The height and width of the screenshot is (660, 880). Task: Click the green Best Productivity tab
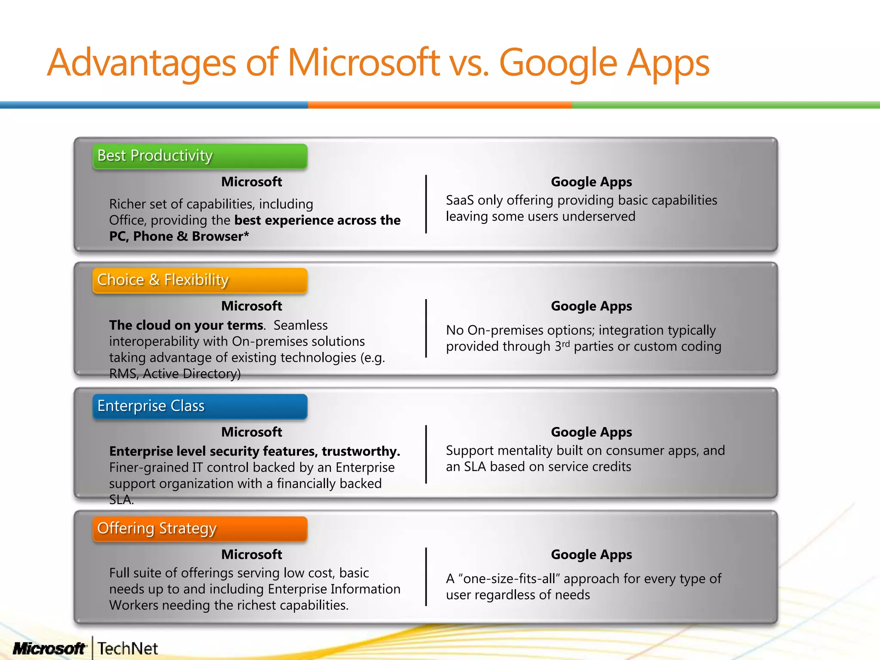[x=200, y=156]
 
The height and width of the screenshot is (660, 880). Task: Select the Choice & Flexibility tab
[x=200, y=280]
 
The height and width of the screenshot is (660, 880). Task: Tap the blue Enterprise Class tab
[x=200, y=406]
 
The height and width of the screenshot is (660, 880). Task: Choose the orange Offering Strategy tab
[x=200, y=529]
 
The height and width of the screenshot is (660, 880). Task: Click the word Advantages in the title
[x=142, y=63]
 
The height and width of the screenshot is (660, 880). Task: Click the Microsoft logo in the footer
[x=49, y=648]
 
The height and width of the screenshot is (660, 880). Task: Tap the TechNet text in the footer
[x=128, y=648]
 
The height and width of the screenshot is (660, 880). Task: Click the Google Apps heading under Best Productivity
[x=591, y=182]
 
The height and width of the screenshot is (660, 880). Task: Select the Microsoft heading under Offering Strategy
[x=252, y=554]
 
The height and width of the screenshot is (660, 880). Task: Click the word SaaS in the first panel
[x=460, y=200]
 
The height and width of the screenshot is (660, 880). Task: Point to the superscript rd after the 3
[x=565, y=343]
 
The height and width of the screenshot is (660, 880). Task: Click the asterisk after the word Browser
[x=246, y=235]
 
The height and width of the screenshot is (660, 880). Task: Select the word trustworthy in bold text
[x=361, y=451]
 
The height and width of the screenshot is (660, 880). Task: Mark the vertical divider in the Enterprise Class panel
[x=426, y=454]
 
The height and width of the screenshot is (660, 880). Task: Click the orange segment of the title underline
[x=440, y=105]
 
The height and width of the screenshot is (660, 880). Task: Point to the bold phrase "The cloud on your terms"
[x=186, y=325]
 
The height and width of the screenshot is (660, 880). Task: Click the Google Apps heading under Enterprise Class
[x=591, y=432]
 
